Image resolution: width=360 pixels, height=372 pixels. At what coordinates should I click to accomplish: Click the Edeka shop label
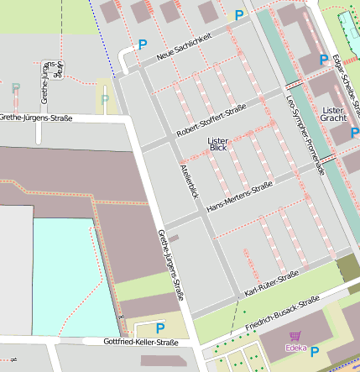pyautogui.click(x=295, y=347)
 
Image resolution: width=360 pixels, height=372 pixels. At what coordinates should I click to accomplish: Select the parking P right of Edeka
pyautogui.click(x=315, y=352)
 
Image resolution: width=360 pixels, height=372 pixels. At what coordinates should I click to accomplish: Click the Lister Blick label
pyautogui.click(x=217, y=144)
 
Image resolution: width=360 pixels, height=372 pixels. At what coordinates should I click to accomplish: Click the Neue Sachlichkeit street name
pyautogui.click(x=196, y=47)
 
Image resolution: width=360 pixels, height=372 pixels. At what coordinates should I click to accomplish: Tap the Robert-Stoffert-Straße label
pyautogui.click(x=211, y=123)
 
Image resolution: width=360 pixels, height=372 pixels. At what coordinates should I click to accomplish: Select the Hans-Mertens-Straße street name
pyautogui.click(x=239, y=196)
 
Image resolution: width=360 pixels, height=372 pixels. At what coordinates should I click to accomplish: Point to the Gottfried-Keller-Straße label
pyautogui.click(x=141, y=343)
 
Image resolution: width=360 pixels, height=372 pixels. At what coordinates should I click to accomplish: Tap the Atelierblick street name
pyautogui.click(x=188, y=180)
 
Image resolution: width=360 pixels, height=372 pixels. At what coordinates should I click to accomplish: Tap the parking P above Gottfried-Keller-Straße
pyautogui.click(x=160, y=327)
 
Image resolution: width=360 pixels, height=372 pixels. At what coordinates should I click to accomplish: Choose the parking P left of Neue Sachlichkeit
pyautogui.click(x=142, y=45)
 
